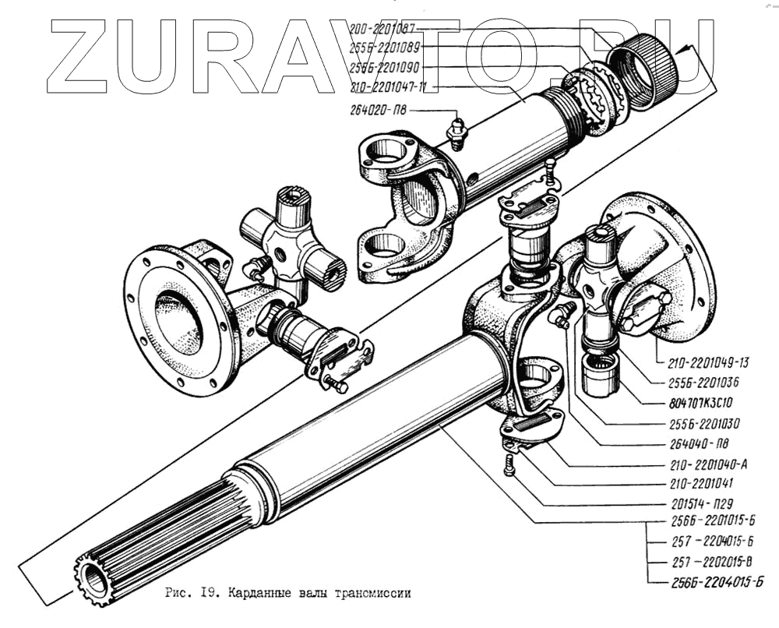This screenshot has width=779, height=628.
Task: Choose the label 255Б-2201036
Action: (x=700, y=383)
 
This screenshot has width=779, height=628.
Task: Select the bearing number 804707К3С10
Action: (x=700, y=403)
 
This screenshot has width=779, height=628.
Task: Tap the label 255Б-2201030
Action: (x=700, y=424)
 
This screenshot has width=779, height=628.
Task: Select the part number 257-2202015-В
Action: (x=704, y=561)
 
